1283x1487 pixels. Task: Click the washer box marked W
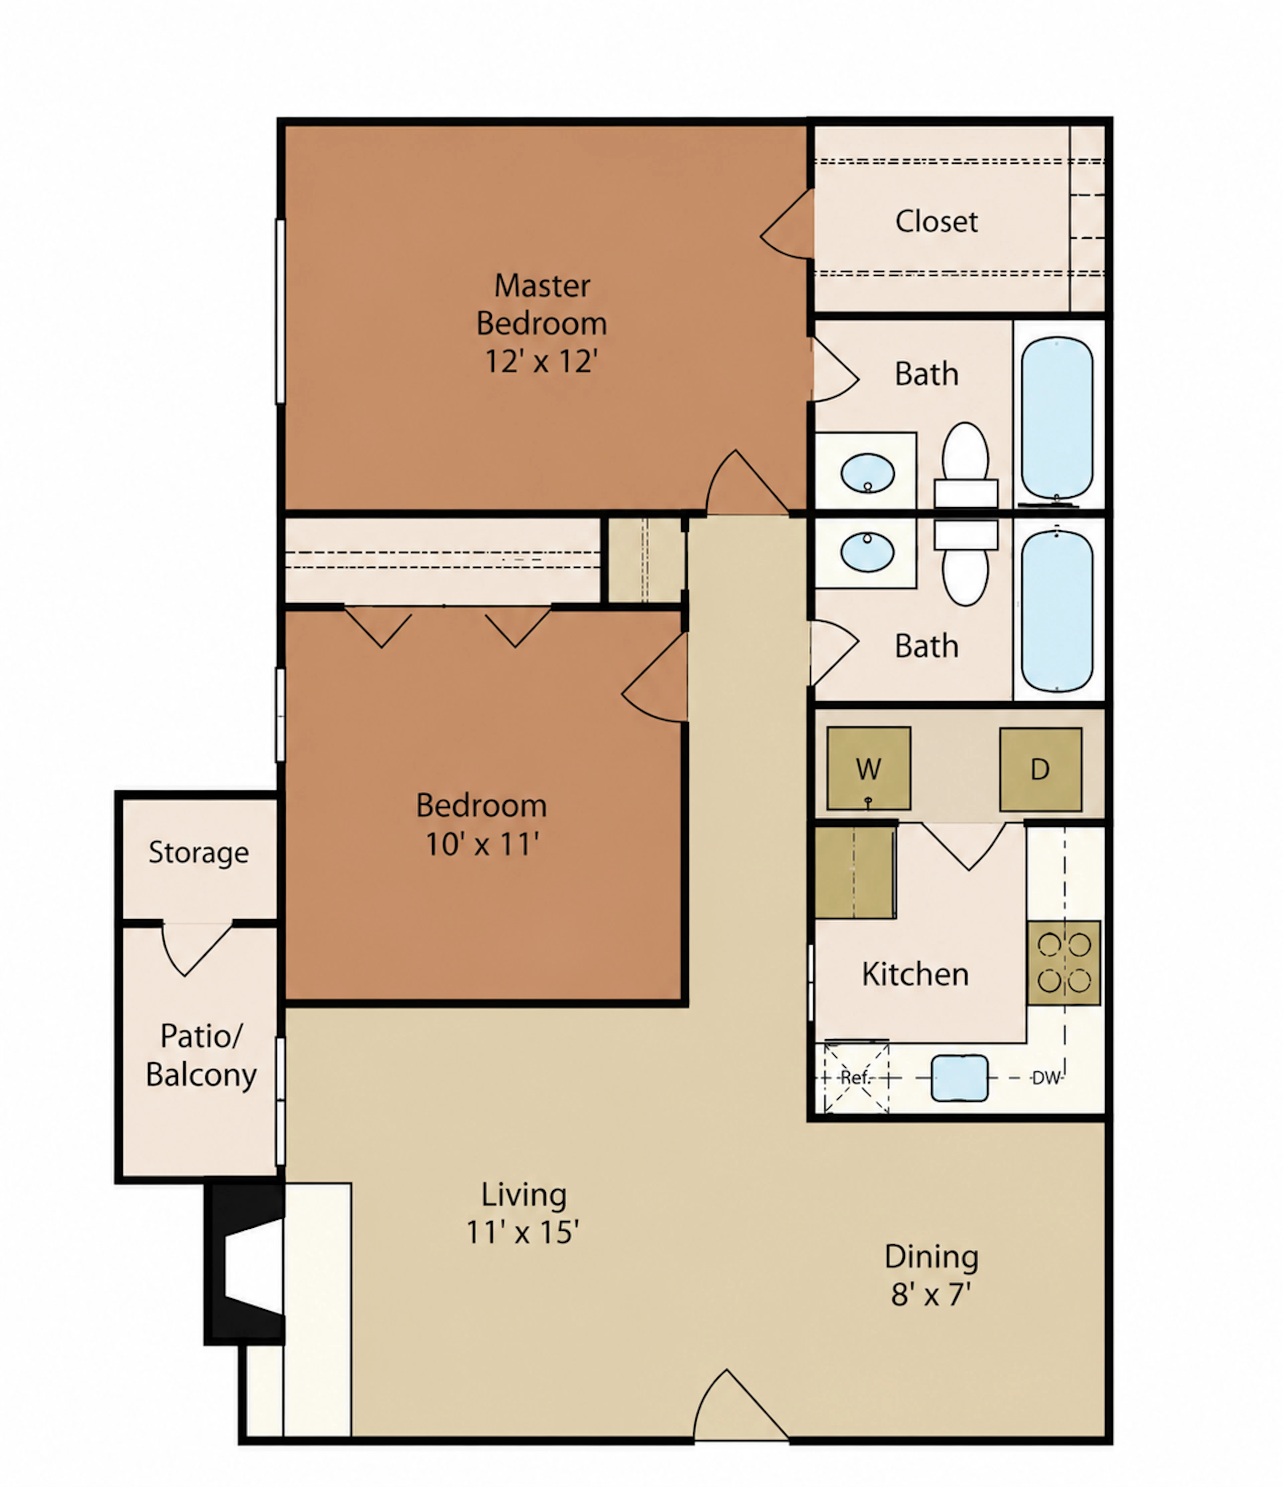pyautogui.click(x=868, y=769)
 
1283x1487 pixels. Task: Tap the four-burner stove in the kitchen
pyautogui.click(x=1063, y=962)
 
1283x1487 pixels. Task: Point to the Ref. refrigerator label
pyautogui.click(x=855, y=1077)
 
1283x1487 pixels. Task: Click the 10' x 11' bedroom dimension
pyautogui.click(x=482, y=844)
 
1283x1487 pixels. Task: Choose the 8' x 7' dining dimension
pyautogui.click(x=931, y=1294)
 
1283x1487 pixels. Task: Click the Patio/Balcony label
pyautogui.click(x=201, y=1055)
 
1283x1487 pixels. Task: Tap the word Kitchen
pyautogui.click(x=915, y=974)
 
